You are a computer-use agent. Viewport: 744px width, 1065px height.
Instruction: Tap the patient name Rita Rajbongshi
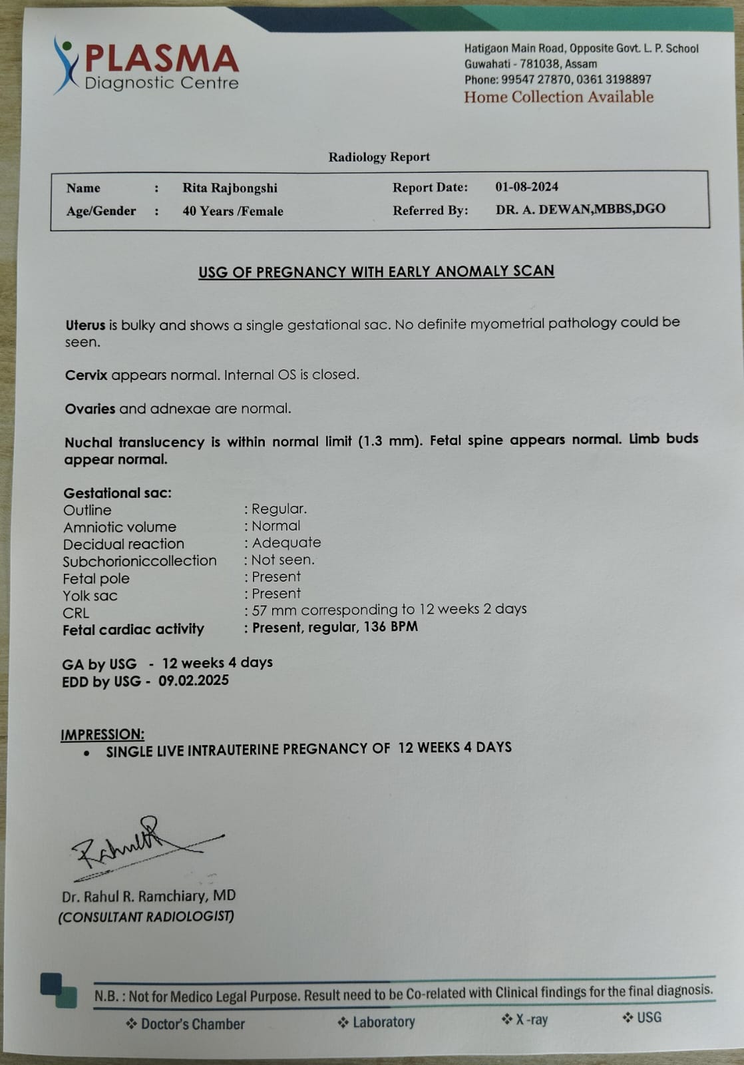[230, 188]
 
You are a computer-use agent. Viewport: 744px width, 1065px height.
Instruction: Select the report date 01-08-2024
[526, 187]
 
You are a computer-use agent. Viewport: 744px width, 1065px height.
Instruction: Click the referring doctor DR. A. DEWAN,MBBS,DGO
[580, 209]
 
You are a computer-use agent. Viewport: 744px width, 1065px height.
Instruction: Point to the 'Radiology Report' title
[379, 157]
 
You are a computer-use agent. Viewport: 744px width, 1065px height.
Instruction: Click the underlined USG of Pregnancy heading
[376, 272]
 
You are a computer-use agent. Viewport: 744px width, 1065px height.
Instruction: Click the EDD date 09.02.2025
[194, 680]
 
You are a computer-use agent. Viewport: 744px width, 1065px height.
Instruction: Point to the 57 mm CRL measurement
[274, 610]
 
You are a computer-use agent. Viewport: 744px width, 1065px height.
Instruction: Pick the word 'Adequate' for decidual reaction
[286, 542]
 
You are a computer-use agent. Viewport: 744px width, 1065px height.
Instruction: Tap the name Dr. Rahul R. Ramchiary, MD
[149, 896]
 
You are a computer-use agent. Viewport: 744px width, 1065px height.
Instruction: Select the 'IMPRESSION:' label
[102, 734]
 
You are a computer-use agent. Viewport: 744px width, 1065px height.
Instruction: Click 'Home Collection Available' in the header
[558, 97]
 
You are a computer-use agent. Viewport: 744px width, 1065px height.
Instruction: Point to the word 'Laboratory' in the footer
[383, 1022]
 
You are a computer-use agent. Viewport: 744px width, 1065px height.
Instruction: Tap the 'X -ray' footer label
[531, 1019]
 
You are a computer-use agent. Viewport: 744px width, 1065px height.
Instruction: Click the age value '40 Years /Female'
[233, 211]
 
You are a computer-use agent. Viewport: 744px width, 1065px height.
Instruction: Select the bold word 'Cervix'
[86, 375]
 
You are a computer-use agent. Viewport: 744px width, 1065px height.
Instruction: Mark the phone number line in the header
[558, 80]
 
